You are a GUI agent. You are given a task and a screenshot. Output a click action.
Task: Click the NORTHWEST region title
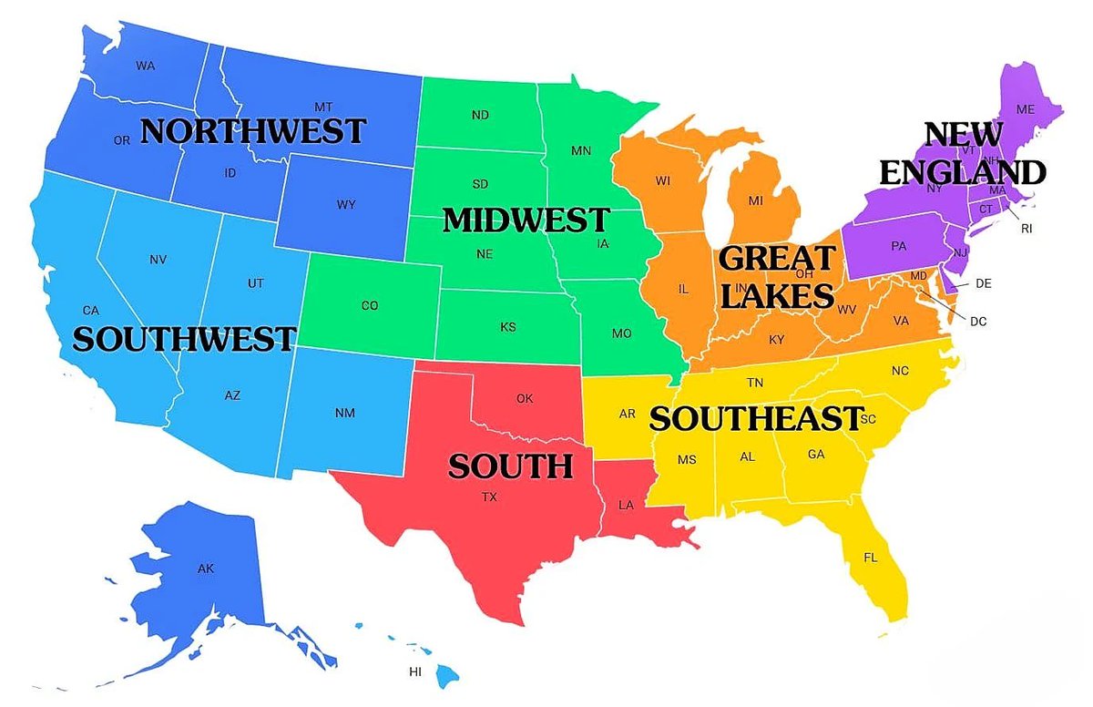pos(253,131)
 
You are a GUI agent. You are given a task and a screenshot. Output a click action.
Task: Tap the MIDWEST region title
pos(526,220)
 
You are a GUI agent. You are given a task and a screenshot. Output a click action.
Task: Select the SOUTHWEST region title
pos(184,339)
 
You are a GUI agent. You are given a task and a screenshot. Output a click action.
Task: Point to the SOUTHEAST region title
pos(755,418)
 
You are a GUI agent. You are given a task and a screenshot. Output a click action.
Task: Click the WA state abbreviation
pos(145,66)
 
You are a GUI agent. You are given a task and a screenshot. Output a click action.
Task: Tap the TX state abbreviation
pos(490,497)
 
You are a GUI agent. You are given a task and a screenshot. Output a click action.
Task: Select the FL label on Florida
pos(870,558)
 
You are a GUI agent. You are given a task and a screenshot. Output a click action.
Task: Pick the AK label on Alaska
pos(206,569)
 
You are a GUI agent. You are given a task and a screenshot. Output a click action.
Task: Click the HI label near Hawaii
pos(415,672)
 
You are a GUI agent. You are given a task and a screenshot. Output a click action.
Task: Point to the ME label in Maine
pos(1026,109)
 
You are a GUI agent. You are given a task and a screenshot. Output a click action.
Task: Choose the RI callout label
pos(1027,229)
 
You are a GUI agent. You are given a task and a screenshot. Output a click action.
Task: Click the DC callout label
pos(978,321)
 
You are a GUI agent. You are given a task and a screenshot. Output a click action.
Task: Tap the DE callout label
pos(983,283)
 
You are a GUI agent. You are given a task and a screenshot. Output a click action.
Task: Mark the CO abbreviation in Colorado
pos(369,306)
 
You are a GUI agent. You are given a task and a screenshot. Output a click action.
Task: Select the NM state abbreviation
pos(344,414)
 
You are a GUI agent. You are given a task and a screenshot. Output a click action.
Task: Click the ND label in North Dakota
pos(480,116)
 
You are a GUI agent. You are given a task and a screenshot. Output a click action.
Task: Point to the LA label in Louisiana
pos(627,504)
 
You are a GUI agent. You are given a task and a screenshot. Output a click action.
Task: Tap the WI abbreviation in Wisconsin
pos(662,181)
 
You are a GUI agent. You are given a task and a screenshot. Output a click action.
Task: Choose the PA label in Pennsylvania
pos(899,246)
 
